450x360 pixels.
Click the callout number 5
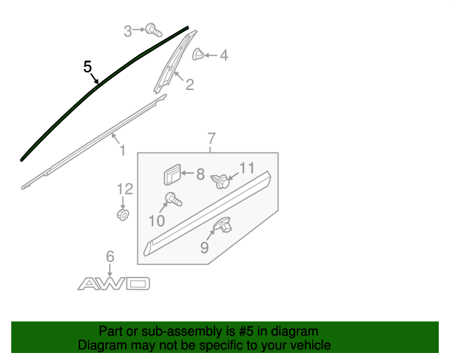pos(87,67)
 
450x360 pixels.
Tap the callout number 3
pos(127,30)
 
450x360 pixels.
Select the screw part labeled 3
pos(152,30)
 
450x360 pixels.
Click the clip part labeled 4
pos(199,53)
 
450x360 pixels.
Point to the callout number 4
pos(224,55)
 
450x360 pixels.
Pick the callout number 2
pos(190,85)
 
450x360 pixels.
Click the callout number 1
pos(121,150)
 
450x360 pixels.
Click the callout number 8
pos(200,174)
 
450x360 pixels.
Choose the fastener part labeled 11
pos(221,181)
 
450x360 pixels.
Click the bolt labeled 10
pos(172,200)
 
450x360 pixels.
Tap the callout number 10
pos(156,221)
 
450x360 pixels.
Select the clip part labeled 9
pos(224,226)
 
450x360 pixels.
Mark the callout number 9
pos(204,247)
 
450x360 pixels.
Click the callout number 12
pos(124,188)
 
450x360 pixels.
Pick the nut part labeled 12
pos(122,212)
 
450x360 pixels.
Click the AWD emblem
pos(114,283)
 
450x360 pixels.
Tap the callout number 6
pos(110,257)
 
